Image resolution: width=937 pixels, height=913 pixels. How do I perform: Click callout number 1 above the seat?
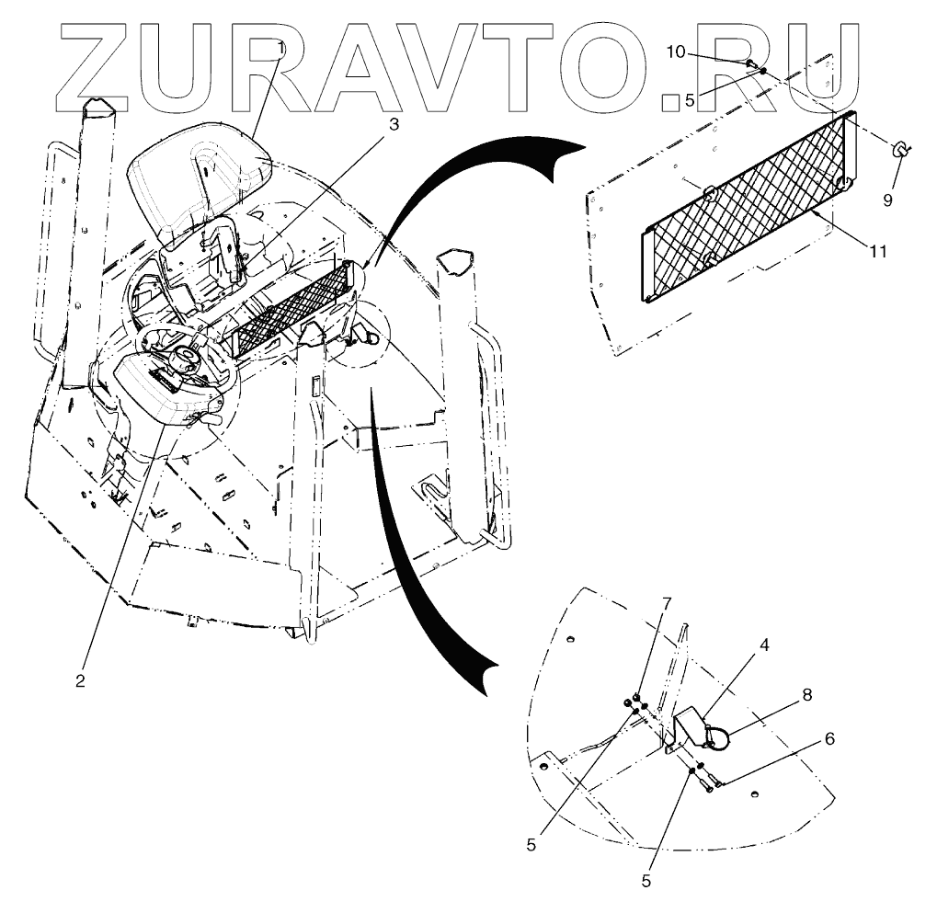click(x=281, y=45)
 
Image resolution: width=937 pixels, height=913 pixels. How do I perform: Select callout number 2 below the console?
click(x=81, y=680)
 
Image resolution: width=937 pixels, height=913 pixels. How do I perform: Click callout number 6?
click(x=829, y=739)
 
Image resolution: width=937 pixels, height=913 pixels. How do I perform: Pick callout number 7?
click(x=668, y=602)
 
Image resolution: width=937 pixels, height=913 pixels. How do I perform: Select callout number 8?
click(x=806, y=695)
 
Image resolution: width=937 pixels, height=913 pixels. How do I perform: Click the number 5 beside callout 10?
click(x=690, y=100)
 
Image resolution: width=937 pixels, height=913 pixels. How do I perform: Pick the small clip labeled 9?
click(x=900, y=150)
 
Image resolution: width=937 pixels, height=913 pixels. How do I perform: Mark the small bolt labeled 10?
click(x=750, y=63)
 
